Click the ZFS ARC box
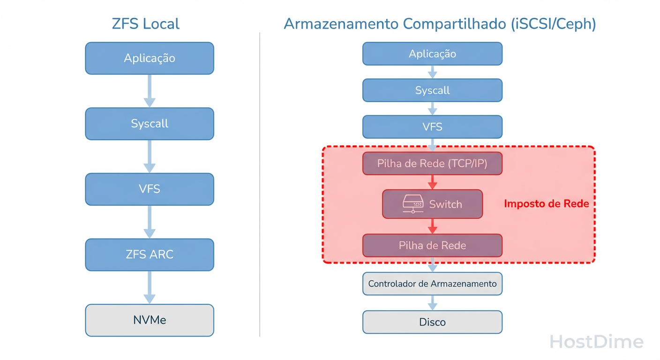[x=150, y=255]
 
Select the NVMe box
[x=150, y=320]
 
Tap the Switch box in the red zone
[x=432, y=204]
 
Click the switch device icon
[x=413, y=204]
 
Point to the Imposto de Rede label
[x=546, y=204]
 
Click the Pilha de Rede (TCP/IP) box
[x=432, y=164]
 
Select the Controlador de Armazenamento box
[x=432, y=284]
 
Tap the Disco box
[x=432, y=322]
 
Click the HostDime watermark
[x=596, y=342]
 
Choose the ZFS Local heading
[x=146, y=23]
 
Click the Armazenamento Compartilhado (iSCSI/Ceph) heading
[x=440, y=23]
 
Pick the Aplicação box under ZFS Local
[x=150, y=58]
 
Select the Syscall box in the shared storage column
[x=432, y=90]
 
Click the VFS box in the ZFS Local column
[x=150, y=189]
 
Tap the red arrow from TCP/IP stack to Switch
[x=432, y=182]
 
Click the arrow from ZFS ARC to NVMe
[x=150, y=287]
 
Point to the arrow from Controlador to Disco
[x=432, y=302]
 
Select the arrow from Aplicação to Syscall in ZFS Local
[x=150, y=90]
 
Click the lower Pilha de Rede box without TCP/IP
[x=432, y=245]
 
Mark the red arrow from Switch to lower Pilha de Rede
[x=432, y=226]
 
